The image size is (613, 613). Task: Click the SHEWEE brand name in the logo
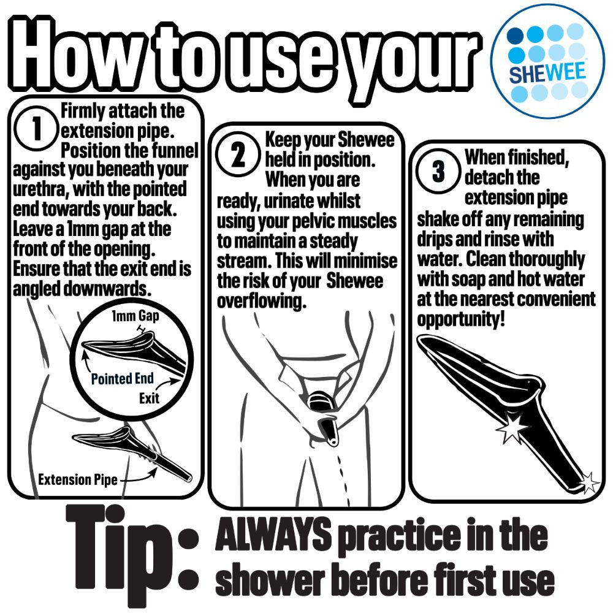pos(547,73)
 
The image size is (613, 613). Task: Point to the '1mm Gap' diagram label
pos(135,316)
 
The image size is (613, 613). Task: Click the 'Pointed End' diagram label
pos(123,378)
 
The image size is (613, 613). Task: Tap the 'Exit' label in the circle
pos(149,398)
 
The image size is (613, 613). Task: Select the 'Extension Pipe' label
pos(78,480)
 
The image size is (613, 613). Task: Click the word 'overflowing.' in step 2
pos(261,301)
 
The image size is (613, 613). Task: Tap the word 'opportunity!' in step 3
pos(461,319)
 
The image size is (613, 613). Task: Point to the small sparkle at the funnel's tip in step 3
pos(590,482)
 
